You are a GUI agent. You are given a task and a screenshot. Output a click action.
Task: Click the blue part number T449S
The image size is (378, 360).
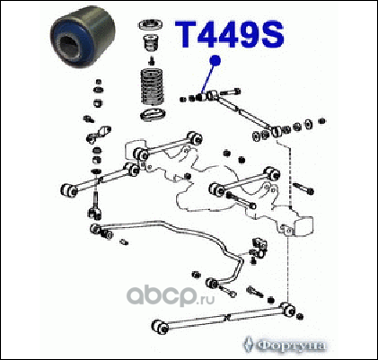230,34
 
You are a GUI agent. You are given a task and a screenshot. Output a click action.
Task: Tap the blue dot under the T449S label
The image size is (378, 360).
215,61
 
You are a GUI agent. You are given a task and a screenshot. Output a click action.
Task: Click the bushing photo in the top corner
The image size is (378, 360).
83,38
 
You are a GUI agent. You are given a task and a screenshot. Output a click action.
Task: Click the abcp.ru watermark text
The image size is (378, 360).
171,295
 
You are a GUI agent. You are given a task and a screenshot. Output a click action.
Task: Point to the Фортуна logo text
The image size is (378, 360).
291,346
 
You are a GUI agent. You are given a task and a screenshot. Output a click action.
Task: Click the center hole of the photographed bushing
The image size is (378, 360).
71,46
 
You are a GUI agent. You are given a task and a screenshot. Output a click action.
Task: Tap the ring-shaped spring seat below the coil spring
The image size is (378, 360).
154,115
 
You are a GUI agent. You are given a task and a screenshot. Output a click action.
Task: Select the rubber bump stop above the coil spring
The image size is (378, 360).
152,44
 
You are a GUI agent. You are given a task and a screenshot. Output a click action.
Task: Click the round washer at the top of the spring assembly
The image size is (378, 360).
150,25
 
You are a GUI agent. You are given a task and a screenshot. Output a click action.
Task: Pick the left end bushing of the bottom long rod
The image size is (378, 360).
161,327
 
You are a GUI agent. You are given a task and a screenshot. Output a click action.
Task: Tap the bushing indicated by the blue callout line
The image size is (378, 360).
199,97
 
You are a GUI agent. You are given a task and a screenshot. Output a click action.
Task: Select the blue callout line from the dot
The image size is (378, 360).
208,78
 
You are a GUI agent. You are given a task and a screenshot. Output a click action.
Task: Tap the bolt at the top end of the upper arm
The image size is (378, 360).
230,92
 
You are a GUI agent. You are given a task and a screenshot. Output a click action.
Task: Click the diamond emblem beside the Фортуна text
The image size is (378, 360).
248,345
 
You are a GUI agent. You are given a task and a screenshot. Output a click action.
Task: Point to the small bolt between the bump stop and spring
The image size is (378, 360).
152,61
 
